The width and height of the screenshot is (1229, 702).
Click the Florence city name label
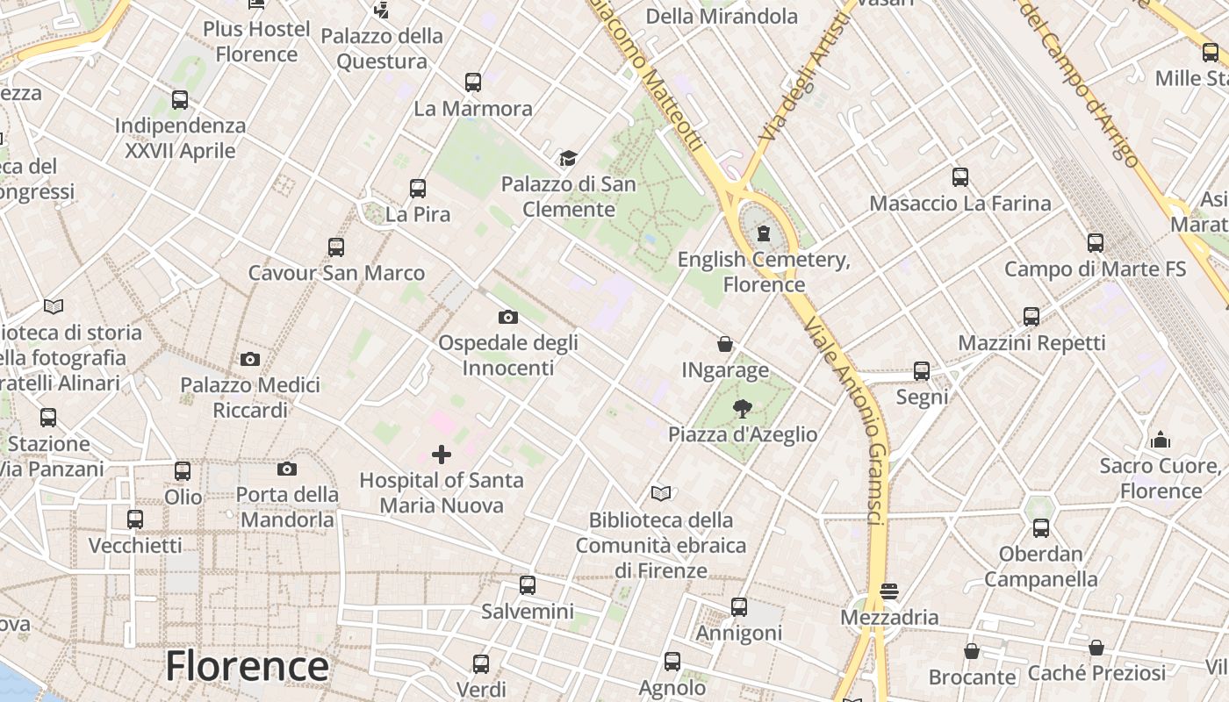coord(247,666)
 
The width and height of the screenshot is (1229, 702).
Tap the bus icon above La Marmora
coord(473,82)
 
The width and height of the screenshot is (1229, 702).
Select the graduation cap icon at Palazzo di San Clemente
coord(568,159)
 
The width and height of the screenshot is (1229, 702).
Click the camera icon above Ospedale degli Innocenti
coord(507,317)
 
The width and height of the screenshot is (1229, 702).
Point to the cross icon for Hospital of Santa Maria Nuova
coord(442,454)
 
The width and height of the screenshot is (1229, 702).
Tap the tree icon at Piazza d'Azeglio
coord(743,408)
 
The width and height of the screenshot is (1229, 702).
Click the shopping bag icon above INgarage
coord(725,344)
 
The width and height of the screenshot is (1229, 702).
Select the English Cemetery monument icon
coord(764,233)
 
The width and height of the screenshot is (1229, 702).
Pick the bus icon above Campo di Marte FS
coord(1096,242)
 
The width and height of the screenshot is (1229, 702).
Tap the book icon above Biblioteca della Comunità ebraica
coord(661,494)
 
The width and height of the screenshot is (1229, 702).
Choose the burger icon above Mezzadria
coord(889,591)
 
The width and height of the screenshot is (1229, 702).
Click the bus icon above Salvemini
coord(528,584)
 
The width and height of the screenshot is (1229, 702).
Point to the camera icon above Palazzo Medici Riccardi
coord(250,359)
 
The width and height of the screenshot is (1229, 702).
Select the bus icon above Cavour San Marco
coord(336,247)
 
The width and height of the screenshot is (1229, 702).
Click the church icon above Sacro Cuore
coord(1161,440)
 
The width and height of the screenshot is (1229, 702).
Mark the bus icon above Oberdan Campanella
coord(1041,528)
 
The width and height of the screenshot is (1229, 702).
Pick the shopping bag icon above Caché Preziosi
coord(1096,648)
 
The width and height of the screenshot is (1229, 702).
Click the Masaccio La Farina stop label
coord(959,204)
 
